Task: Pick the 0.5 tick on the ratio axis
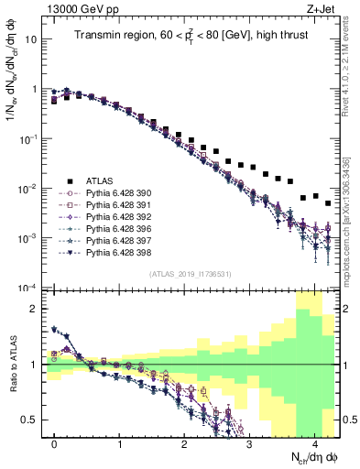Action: click(31, 420)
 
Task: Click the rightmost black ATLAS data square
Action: click(328, 202)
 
